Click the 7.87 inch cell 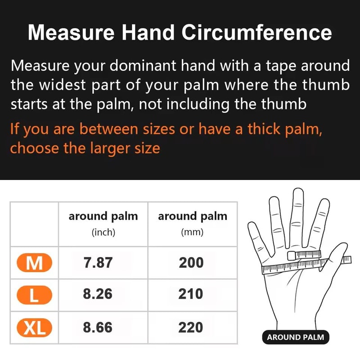tap(98, 263)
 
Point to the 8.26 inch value tap(98, 294)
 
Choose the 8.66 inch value tap(98, 327)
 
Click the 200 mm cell tap(191, 263)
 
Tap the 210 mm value tap(191, 294)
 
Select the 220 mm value tap(191, 327)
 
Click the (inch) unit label tap(103, 233)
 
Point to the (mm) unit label tap(192, 233)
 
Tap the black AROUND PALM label tap(295, 337)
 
